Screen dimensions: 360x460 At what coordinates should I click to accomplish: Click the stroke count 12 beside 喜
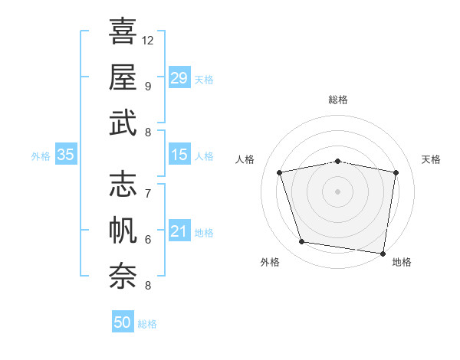tap(148, 40)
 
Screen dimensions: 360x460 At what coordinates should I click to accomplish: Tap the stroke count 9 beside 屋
tap(147, 86)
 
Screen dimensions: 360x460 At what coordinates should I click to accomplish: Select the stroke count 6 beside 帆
tap(147, 239)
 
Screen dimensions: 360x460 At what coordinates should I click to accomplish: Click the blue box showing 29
tap(179, 77)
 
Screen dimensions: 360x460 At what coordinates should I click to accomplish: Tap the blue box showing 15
tap(179, 155)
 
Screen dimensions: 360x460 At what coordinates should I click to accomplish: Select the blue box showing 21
tap(179, 232)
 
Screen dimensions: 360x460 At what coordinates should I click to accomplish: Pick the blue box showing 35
tap(65, 155)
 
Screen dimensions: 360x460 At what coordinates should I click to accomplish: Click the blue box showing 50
tap(123, 322)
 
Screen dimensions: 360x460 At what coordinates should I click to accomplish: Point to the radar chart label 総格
tap(338, 100)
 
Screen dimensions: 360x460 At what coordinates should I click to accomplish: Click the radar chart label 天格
tap(432, 159)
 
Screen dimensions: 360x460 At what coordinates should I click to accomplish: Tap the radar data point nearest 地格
tap(383, 253)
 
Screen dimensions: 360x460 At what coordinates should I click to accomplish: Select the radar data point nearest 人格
tap(280, 172)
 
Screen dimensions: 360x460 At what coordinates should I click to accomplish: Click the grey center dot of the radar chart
tap(338, 191)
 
